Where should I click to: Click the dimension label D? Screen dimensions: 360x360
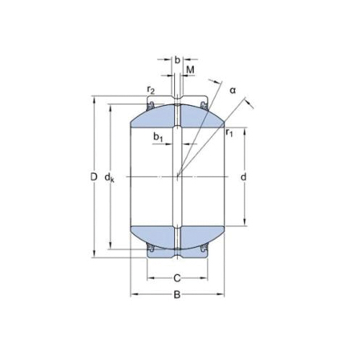point(94,177)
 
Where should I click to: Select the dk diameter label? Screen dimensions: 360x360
point(109,178)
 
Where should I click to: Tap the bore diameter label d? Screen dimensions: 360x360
point(243,177)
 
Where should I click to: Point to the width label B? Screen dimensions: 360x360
point(177,294)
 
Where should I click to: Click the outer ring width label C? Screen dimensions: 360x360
point(177,279)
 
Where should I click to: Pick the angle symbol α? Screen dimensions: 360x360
point(233,91)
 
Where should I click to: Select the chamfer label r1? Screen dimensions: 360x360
point(229,132)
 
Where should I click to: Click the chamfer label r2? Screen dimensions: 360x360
point(151,90)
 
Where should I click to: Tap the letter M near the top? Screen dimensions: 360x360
point(190,70)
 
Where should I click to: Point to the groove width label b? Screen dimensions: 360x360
point(177,60)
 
